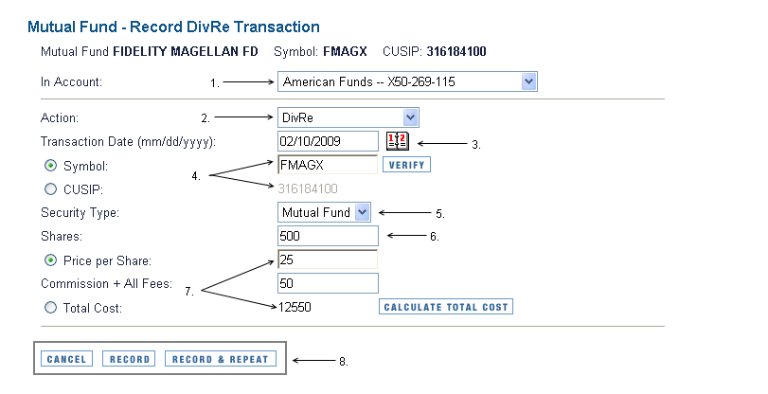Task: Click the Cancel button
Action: pyautogui.click(x=66, y=359)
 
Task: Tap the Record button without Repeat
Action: pyautogui.click(x=129, y=359)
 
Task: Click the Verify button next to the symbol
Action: pyautogui.click(x=406, y=165)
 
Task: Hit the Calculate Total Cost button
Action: pyautogui.click(x=446, y=307)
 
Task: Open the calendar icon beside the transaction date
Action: pyautogui.click(x=397, y=141)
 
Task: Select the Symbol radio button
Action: pyautogui.click(x=50, y=166)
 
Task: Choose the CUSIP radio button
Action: pyautogui.click(x=50, y=189)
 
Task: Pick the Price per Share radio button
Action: pyautogui.click(x=50, y=260)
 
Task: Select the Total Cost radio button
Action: pyautogui.click(x=50, y=308)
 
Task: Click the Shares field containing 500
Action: pyautogui.click(x=328, y=236)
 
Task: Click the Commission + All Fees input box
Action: pyautogui.click(x=328, y=283)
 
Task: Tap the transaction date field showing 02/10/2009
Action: pyautogui.click(x=328, y=141)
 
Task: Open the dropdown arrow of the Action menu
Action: pyautogui.click(x=410, y=117)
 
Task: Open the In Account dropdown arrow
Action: pyautogui.click(x=528, y=81)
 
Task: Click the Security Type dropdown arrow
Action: pyautogui.click(x=363, y=212)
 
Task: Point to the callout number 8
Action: pyautogui.click(x=344, y=362)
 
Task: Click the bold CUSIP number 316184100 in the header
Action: pyautogui.click(x=456, y=51)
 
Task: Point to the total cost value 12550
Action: pyautogui.click(x=295, y=307)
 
